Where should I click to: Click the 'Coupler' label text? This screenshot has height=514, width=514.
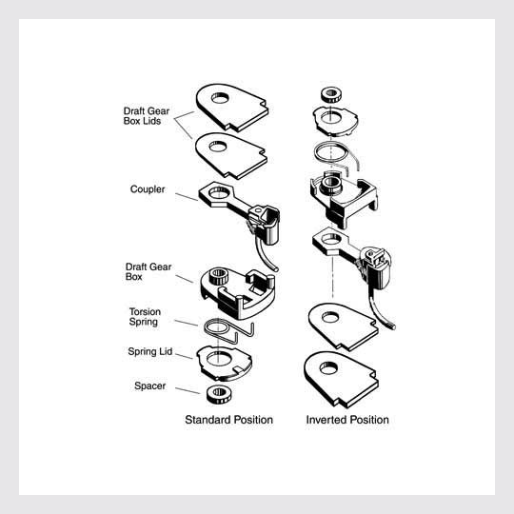click(x=148, y=189)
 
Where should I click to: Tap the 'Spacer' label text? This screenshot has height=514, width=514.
click(x=149, y=385)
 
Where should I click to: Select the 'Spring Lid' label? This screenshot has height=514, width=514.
click(x=149, y=351)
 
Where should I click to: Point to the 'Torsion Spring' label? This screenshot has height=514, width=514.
click(x=145, y=316)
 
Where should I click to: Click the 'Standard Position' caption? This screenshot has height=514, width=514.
click(x=228, y=420)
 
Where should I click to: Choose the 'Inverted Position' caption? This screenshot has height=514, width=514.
click(x=347, y=420)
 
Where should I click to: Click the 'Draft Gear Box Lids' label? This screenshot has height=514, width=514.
click(x=147, y=116)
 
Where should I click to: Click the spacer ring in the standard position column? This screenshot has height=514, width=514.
click(x=219, y=394)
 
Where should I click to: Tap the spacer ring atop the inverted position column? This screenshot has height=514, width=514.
click(x=332, y=95)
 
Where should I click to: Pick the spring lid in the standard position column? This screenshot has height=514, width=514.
click(x=225, y=364)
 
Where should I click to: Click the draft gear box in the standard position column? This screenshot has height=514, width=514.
click(x=238, y=294)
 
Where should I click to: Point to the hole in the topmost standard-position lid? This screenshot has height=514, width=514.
click(x=220, y=98)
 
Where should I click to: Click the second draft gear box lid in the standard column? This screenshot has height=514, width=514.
click(x=231, y=156)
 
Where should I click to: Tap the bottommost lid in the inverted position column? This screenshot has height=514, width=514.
click(x=342, y=379)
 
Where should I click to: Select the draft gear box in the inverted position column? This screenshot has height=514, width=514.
click(x=344, y=199)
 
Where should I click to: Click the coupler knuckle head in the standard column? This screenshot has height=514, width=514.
click(x=265, y=224)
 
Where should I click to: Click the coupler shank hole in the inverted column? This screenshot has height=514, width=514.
click(x=331, y=239)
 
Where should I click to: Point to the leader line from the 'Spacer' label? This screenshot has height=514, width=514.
click(x=188, y=390)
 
